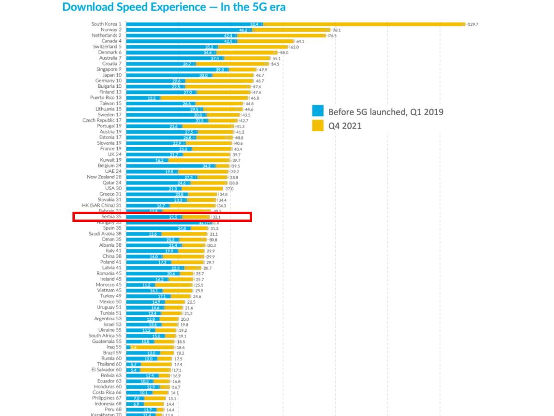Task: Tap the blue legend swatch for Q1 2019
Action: pos(318,111)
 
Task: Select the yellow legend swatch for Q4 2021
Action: pos(318,125)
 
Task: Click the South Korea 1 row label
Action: pos(106,24)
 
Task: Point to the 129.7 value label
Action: pos(473,24)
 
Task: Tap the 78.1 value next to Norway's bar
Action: pos(337,30)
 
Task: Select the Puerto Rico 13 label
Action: pos(106,98)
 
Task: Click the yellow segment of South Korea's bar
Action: pos(365,24)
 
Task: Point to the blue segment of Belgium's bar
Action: pos(171,165)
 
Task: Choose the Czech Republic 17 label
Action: pos(102,120)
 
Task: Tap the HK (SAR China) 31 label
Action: pos(102,205)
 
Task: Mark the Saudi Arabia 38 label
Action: pos(105,234)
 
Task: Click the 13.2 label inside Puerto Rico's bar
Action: pos(151,98)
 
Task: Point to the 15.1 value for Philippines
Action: pos(172,398)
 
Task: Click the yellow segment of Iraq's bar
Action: pos(152,347)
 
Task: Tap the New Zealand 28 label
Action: pos(104,177)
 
